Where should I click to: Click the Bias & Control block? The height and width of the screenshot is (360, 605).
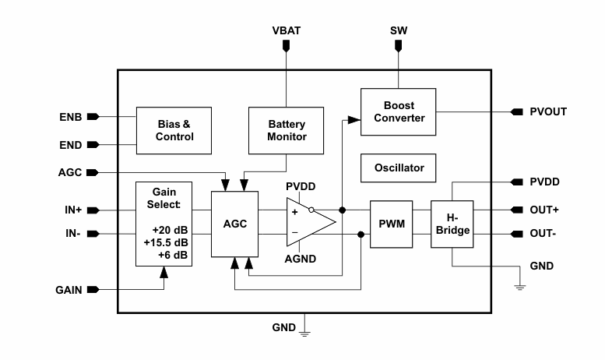tap(174, 130)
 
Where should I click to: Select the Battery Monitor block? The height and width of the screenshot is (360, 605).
tap(287, 130)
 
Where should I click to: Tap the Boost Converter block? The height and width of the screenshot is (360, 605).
tap(399, 111)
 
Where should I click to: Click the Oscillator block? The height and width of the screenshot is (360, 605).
tap(399, 168)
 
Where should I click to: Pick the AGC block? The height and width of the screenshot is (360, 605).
tap(234, 224)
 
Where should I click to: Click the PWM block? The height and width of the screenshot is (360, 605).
tap(391, 224)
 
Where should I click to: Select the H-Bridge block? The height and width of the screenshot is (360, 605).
tap(452, 224)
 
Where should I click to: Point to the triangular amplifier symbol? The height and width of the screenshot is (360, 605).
tap(308, 221)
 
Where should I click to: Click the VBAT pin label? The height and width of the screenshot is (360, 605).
tap(287, 30)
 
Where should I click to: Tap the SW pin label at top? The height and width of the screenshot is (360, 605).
tap(399, 30)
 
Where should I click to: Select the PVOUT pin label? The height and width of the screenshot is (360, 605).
tap(548, 111)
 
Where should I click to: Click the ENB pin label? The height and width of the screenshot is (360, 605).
tap(71, 117)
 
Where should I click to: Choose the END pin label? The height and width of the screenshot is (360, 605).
tap(71, 145)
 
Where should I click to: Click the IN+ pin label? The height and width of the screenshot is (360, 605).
tap(74, 210)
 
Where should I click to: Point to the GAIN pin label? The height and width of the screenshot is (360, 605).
tap(69, 289)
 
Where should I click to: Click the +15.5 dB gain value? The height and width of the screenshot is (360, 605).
tap(165, 243)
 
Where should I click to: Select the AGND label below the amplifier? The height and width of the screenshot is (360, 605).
tap(301, 259)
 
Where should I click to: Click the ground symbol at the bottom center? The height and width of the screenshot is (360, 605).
tap(305, 330)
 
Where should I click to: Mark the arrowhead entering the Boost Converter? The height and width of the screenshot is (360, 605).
tap(354, 119)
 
